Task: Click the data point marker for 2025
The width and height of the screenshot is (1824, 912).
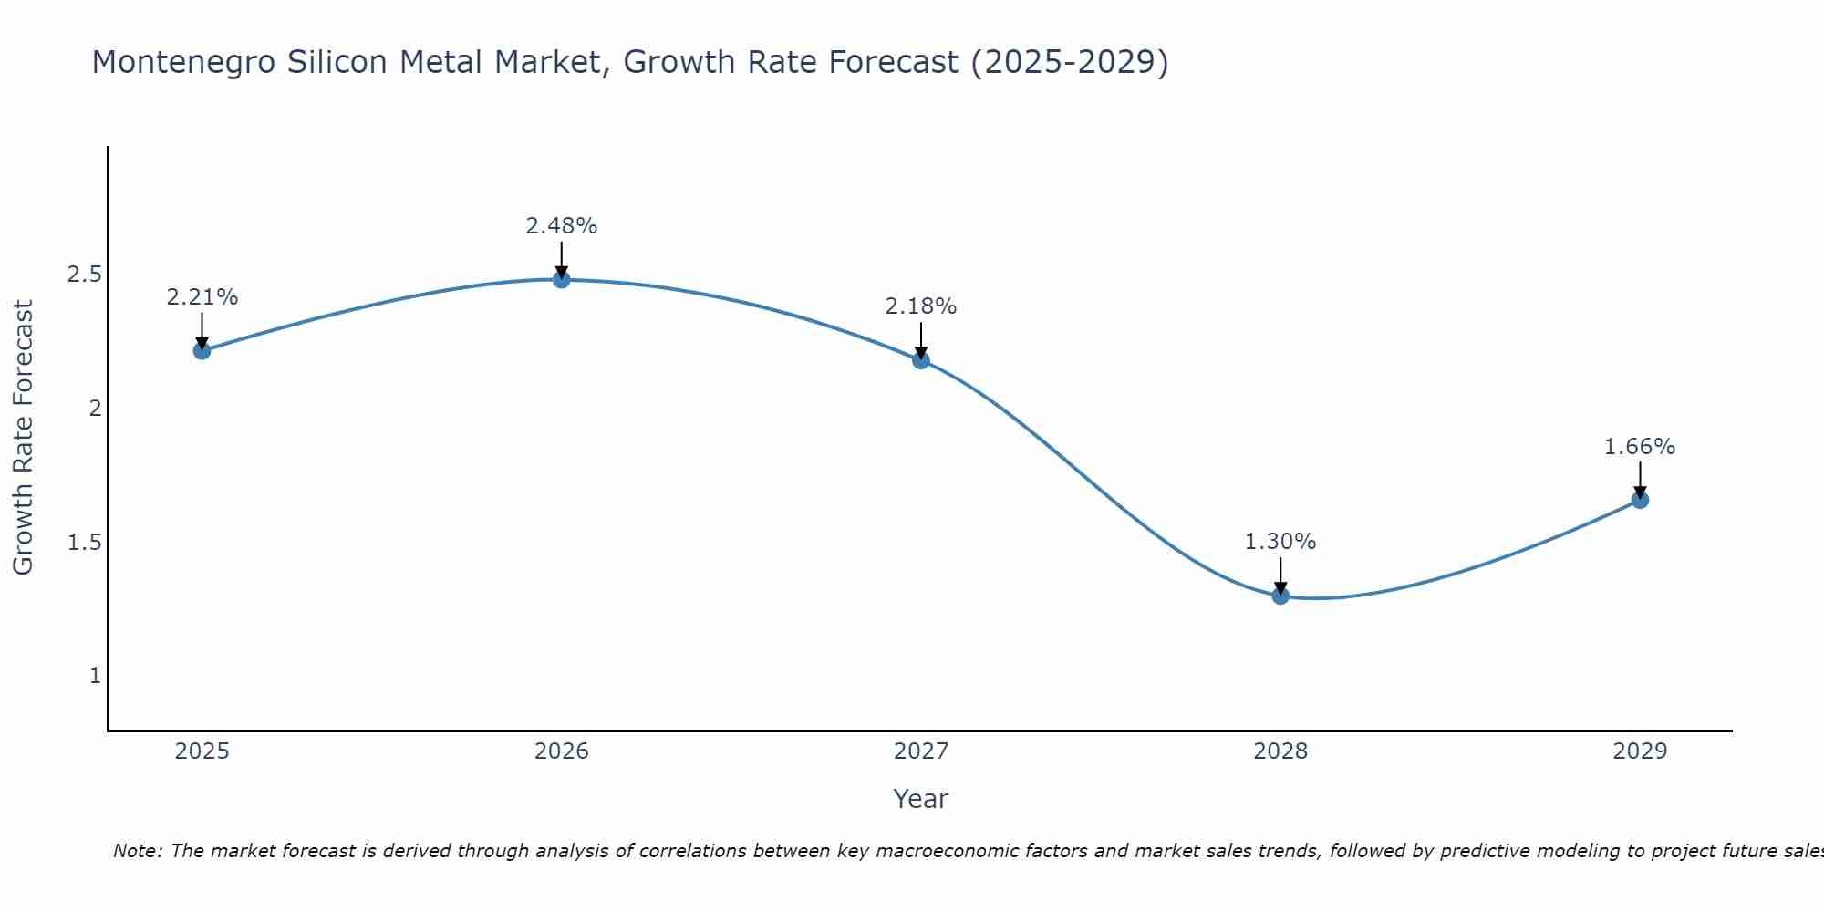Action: coord(202,350)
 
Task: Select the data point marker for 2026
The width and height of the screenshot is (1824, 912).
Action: coord(562,279)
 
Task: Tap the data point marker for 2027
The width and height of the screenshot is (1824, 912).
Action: coord(921,359)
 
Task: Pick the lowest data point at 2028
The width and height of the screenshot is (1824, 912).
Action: coord(1280,596)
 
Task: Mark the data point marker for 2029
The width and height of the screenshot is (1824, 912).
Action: coord(1640,500)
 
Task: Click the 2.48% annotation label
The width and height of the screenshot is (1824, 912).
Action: coord(562,226)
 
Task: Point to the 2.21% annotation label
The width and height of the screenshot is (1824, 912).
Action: coord(202,297)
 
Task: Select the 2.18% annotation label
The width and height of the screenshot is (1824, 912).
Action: coord(921,306)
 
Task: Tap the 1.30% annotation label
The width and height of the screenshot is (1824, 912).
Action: coord(1280,542)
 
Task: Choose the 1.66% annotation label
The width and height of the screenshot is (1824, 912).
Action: coord(1640,447)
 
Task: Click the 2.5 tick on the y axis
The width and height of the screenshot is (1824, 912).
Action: coord(84,275)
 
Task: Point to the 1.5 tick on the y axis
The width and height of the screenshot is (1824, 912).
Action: coord(84,543)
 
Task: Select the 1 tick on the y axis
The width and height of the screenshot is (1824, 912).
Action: coord(95,676)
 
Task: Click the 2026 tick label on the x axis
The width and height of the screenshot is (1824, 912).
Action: coord(562,751)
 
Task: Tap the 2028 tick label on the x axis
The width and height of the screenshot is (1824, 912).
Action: coord(1280,751)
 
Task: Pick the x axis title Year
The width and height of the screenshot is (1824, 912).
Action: coord(921,799)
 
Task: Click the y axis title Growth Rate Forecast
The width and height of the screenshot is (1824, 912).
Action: coord(23,438)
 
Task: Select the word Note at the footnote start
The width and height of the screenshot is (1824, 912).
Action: coord(137,851)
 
